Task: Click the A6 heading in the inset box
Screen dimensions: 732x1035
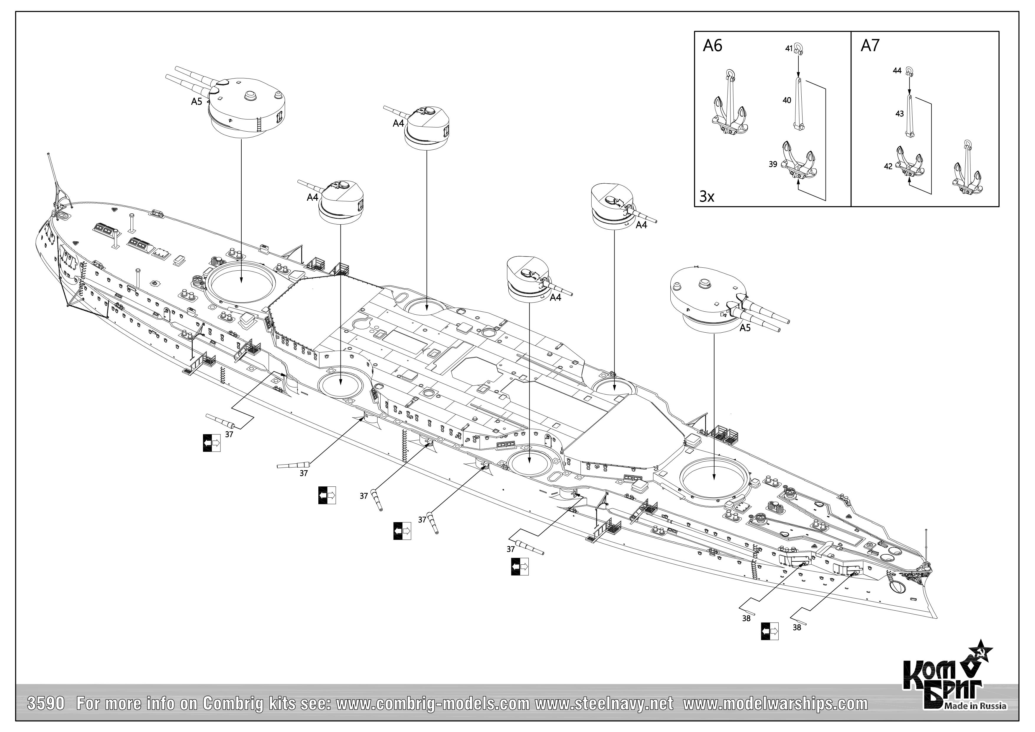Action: click(x=713, y=46)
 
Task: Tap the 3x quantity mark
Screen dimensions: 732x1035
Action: click(x=706, y=197)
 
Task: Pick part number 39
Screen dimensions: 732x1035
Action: click(x=773, y=165)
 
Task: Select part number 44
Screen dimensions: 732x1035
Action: click(x=897, y=71)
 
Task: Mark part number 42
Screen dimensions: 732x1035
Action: click(x=888, y=166)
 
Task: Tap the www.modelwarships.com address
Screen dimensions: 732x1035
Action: click(x=775, y=704)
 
